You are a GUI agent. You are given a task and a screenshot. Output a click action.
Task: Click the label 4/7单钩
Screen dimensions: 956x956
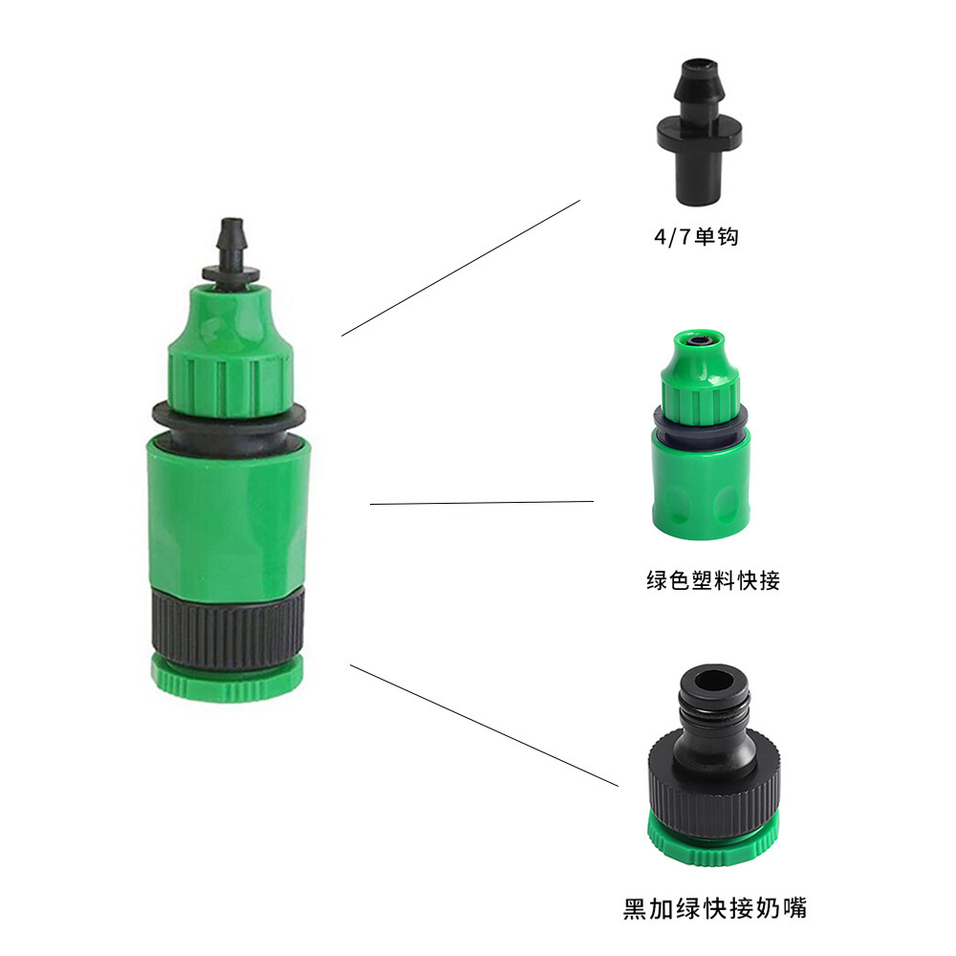point(696,236)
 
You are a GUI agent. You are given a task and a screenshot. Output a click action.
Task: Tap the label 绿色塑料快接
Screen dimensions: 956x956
point(713,580)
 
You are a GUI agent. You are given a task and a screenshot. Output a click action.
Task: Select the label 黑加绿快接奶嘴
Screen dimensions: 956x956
point(714,908)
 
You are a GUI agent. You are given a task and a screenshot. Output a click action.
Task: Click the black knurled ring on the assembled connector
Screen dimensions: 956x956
point(228,627)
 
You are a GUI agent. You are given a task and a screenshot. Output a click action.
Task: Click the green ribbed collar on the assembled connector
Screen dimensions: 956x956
point(230,384)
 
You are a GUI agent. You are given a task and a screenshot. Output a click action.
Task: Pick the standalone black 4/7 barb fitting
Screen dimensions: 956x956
point(700,132)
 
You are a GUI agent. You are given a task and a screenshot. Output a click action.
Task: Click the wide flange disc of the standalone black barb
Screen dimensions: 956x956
point(700,130)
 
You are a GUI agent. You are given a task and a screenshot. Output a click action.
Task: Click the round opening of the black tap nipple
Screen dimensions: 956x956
point(714,681)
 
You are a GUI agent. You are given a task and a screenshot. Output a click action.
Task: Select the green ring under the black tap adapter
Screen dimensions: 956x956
point(713,840)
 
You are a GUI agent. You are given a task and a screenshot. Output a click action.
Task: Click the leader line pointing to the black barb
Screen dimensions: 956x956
point(461,268)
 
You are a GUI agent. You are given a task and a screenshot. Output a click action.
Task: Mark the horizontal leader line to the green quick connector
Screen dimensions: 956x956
point(482,503)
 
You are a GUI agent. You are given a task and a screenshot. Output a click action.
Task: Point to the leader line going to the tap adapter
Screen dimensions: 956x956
point(484,726)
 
